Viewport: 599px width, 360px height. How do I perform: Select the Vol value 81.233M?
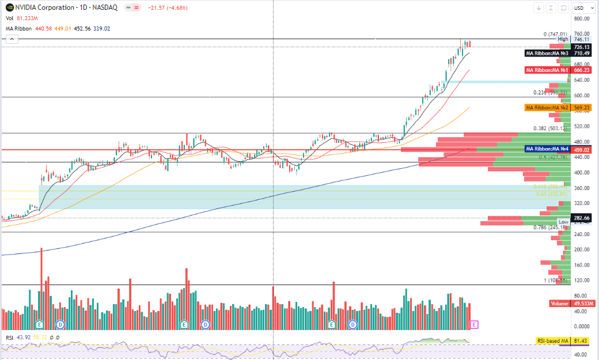coord(28,18)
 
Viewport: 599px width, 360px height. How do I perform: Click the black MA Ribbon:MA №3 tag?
coord(547,53)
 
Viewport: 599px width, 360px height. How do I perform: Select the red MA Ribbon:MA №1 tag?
coord(547,70)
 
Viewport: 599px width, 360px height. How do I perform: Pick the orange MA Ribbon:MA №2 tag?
coord(547,108)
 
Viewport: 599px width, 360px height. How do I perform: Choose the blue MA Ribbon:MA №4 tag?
coord(547,149)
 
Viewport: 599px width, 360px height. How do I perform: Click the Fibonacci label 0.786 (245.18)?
coord(551,228)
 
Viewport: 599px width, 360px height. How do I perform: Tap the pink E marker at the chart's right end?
coord(474,325)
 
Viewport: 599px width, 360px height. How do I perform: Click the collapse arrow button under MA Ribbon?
coord(11,39)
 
